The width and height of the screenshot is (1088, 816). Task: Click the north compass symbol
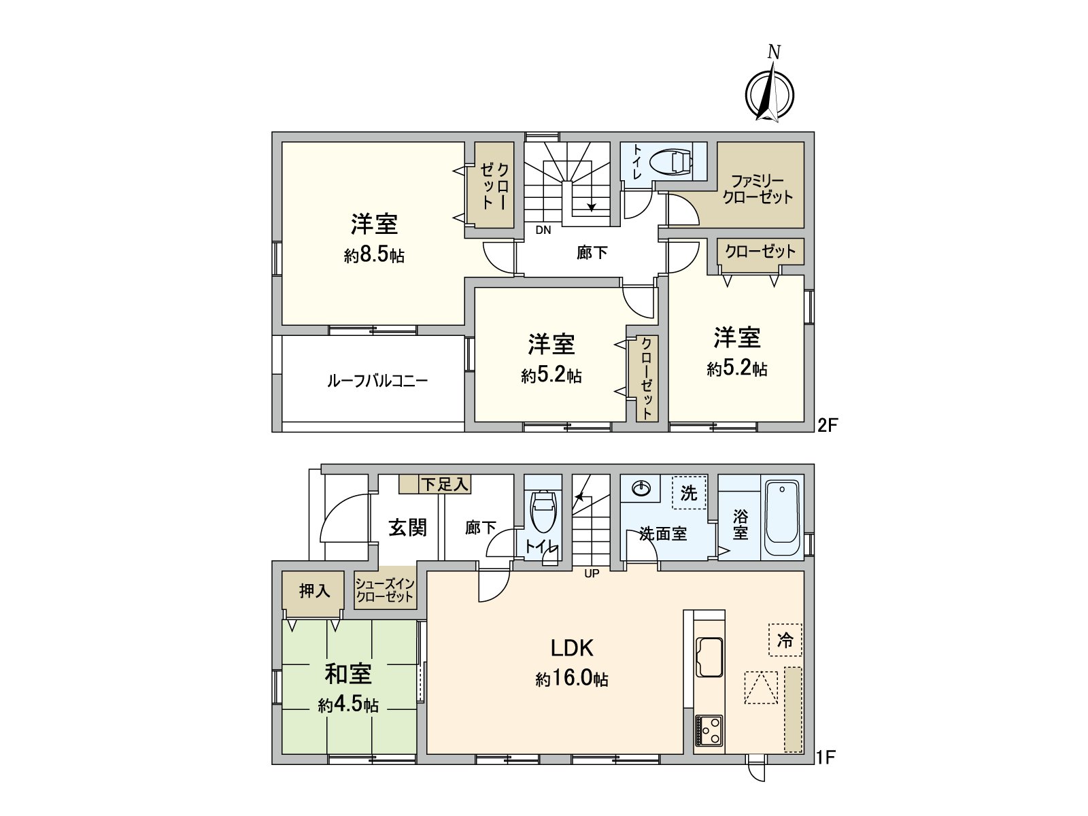coord(770,94)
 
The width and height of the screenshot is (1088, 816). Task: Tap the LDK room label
coord(572,648)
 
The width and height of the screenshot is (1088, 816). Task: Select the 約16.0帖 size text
coord(572,679)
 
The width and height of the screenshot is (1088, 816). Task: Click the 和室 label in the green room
coord(348,674)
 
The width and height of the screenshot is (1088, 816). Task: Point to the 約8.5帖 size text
coord(374,256)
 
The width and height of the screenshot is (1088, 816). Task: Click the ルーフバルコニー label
coord(377,381)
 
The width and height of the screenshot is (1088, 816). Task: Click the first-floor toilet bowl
coord(543,511)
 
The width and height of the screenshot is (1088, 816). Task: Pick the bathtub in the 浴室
coord(783,517)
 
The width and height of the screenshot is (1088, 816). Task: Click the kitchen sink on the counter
coord(709,658)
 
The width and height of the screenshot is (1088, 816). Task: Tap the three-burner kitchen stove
coord(709,731)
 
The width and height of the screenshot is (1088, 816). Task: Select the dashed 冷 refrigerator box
coord(785,640)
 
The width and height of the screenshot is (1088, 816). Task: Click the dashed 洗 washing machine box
coord(688,493)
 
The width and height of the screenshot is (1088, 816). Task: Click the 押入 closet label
coord(314,591)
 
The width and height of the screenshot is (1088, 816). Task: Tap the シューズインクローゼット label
coord(385,590)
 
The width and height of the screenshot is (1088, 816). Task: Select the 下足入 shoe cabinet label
coord(444,484)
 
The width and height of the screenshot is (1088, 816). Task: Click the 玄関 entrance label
coord(407,527)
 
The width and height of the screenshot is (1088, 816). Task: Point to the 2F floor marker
coord(828,426)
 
